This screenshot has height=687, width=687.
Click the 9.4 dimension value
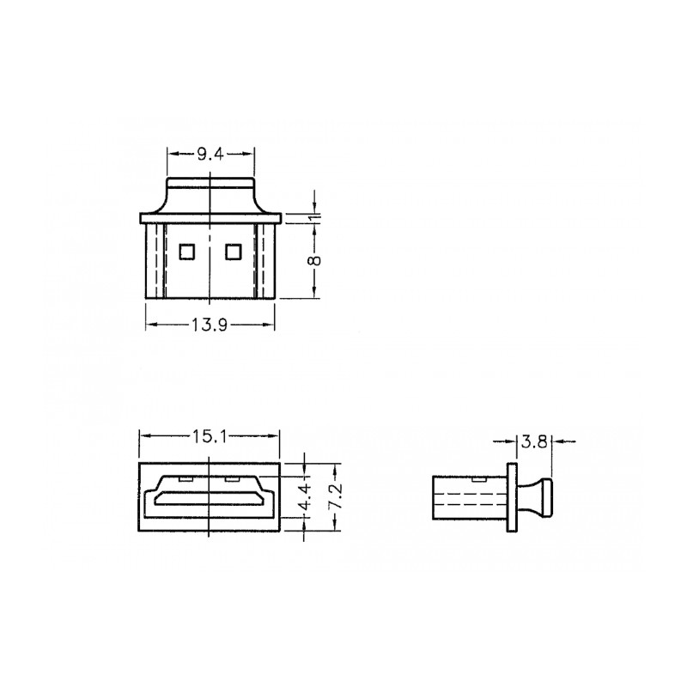point(210,155)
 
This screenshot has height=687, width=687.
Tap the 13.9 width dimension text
point(210,325)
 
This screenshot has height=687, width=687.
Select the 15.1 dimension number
point(210,436)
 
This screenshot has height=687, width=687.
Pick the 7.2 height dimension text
point(336,496)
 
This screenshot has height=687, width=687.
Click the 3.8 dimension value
point(534,441)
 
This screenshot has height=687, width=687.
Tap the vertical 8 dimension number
point(314,260)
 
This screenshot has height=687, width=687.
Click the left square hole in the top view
point(186,252)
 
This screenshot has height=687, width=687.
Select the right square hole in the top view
point(234,252)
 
